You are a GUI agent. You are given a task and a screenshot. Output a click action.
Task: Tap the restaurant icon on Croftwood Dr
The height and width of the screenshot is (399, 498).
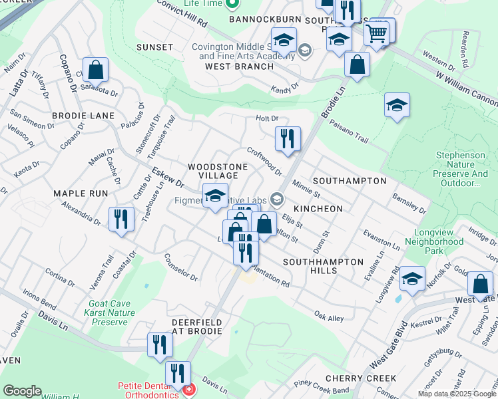coord(288,138)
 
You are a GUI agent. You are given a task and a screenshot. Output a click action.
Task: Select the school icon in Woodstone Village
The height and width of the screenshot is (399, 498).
coord(215,195)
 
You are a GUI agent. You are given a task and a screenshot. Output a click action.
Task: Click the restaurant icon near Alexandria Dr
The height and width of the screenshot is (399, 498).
coord(121,219)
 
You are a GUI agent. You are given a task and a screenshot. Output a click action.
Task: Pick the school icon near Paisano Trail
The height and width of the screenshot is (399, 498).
coord(397,105)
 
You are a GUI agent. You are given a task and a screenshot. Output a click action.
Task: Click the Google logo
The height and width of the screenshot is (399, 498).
coord(22,391)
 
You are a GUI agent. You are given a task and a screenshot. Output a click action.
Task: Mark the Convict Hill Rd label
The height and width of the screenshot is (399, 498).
coord(182,13)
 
